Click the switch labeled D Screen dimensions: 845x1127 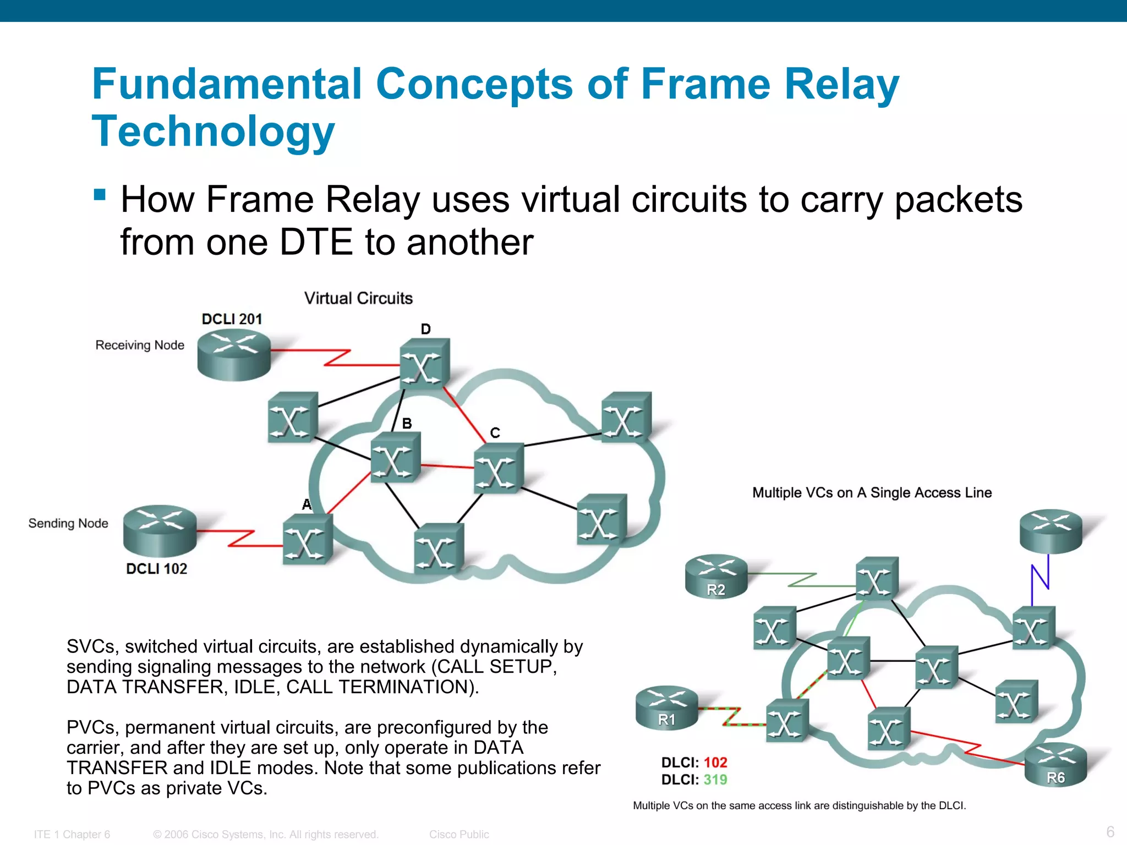pos(424,365)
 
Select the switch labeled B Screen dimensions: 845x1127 pos(395,458)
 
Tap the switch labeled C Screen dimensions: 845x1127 pos(498,468)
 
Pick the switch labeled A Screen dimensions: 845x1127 pos(307,540)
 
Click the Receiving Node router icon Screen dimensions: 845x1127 pos(234,354)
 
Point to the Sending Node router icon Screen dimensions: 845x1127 pos(160,530)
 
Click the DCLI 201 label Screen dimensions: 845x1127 pos(232,319)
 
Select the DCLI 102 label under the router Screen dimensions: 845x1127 pos(156,569)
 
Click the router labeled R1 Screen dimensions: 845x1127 pos(666,707)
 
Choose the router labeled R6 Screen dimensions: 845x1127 pos(1055,764)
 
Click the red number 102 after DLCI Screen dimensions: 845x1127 pos(715,762)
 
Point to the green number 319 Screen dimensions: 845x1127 pos(715,780)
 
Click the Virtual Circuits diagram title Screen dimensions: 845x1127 pos(358,298)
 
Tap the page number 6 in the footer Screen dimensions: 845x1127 pos(1110,831)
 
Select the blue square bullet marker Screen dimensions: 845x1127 pos(100,194)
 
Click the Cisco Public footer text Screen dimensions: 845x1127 pos(459,834)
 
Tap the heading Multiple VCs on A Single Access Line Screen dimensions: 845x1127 pos(872,493)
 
